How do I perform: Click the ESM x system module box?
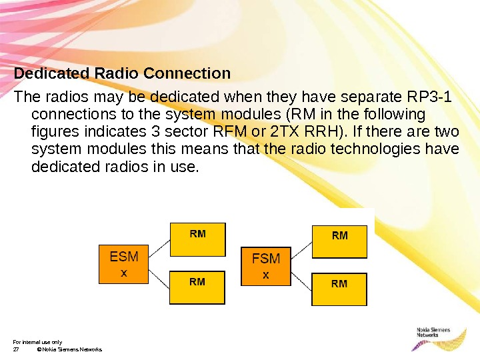click(x=123, y=265)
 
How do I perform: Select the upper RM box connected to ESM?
click(x=197, y=239)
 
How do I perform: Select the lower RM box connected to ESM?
click(x=197, y=287)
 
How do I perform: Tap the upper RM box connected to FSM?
click(x=339, y=241)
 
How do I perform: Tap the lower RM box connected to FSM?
click(x=339, y=289)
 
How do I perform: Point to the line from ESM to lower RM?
click(x=159, y=279)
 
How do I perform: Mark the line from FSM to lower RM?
click(x=301, y=281)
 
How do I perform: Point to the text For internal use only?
click(x=38, y=341)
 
